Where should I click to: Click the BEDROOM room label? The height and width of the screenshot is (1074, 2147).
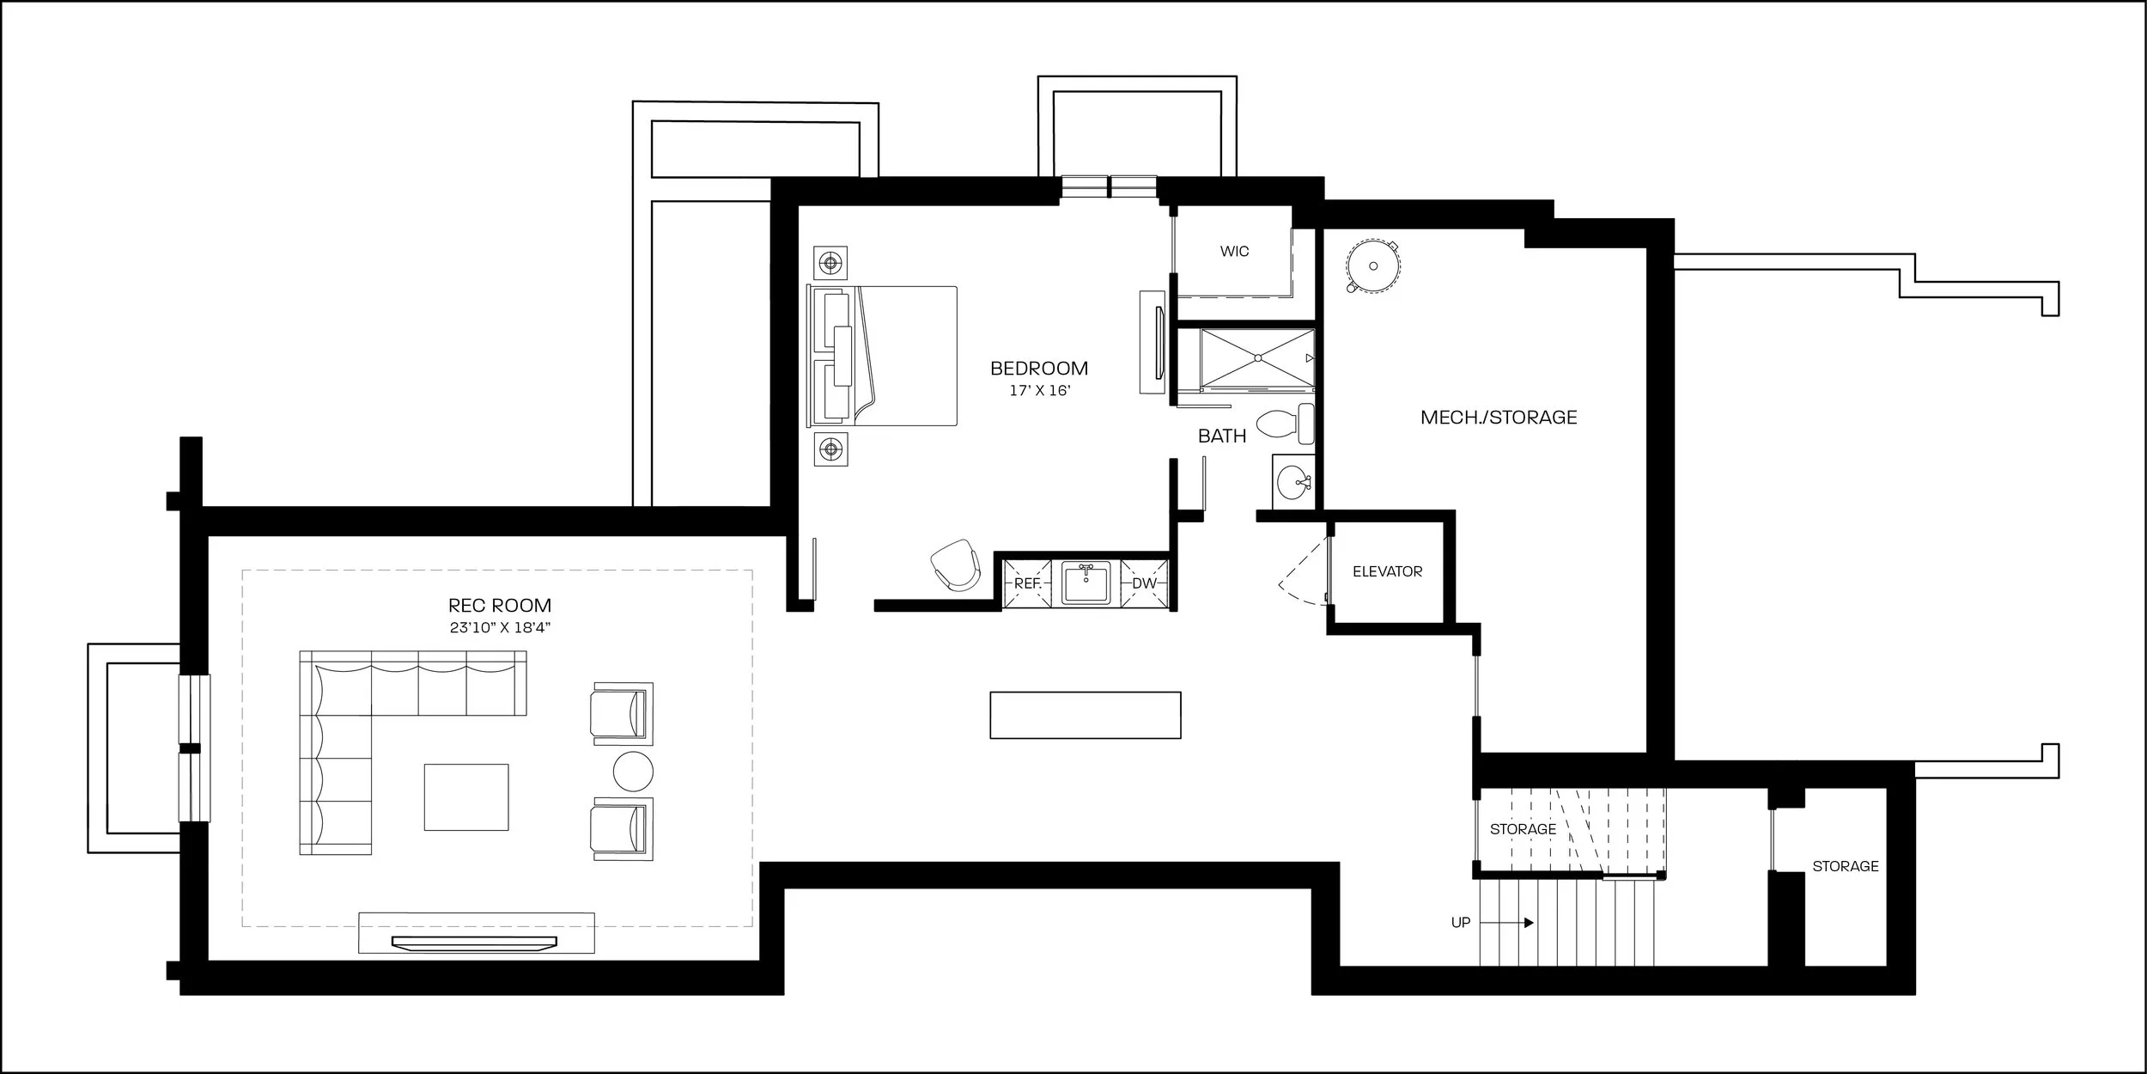(1039, 369)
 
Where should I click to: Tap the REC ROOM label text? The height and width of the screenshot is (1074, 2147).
(500, 606)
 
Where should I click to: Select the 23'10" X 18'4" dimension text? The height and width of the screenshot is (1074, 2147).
(500, 628)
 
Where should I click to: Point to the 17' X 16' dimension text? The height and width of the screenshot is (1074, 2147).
(1039, 391)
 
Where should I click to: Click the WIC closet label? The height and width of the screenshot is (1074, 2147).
(1234, 252)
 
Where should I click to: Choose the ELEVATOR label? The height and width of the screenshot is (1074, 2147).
(1387, 571)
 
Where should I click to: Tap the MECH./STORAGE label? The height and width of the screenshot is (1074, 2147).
(1499, 418)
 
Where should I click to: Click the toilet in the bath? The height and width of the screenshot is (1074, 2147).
(1285, 423)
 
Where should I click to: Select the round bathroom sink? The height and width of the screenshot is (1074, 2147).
(1292, 483)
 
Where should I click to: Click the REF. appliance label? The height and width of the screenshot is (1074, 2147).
(1028, 583)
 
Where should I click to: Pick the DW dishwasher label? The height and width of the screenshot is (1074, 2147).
(1144, 583)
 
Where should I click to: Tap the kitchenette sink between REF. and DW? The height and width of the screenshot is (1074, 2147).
(1086, 583)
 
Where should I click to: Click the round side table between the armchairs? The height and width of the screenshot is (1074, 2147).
(633, 771)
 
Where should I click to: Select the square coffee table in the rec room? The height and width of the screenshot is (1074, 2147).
(466, 797)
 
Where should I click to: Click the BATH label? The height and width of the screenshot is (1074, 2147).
(1222, 436)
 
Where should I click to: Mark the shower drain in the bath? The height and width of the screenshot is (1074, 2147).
(1257, 357)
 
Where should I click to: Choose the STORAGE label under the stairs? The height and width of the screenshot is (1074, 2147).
(1523, 829)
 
